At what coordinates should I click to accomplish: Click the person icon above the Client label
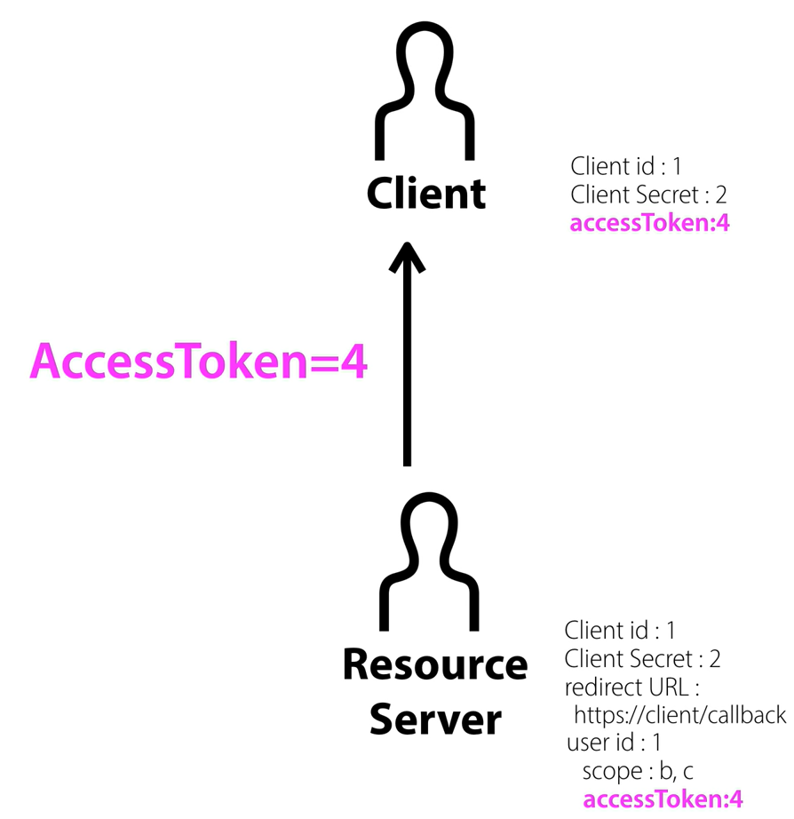tap(425, 89)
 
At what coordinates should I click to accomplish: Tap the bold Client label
tap(426, 193)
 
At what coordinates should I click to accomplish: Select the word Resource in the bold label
tap(434, 665)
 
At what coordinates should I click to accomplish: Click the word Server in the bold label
tap(434, 718)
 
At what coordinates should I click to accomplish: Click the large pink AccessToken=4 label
tap(198, 362)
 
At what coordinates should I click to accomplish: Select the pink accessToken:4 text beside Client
tap(649, 223)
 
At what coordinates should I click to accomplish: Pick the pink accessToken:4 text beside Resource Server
tap(662, 799)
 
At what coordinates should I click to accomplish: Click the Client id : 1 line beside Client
tap(625, 165)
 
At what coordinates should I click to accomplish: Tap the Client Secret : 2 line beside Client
tap(648, 194)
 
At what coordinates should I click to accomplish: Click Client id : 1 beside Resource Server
tap(620, 631)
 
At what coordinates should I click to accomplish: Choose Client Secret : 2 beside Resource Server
tap(642, 659)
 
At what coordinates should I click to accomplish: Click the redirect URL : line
tap(633, 688)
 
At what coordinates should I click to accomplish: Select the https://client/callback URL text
tap(679, 715)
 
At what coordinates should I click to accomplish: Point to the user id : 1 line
tap(613, 743)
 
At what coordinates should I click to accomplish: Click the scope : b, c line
tap(637, 770)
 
